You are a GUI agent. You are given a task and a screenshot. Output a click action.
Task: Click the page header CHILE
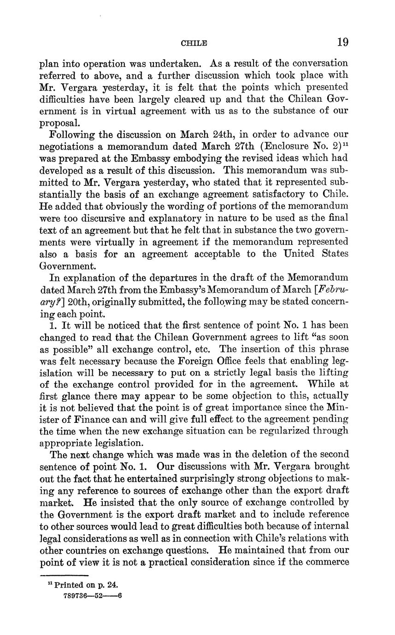point(194,43)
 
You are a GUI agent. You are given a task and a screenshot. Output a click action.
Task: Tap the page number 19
point(342,42)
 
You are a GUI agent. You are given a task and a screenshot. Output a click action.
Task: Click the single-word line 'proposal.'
point(60,123)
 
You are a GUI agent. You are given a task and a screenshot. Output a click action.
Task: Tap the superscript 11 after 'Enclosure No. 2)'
point(345,144)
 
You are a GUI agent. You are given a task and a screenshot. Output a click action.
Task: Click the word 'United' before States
point(300,254)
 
